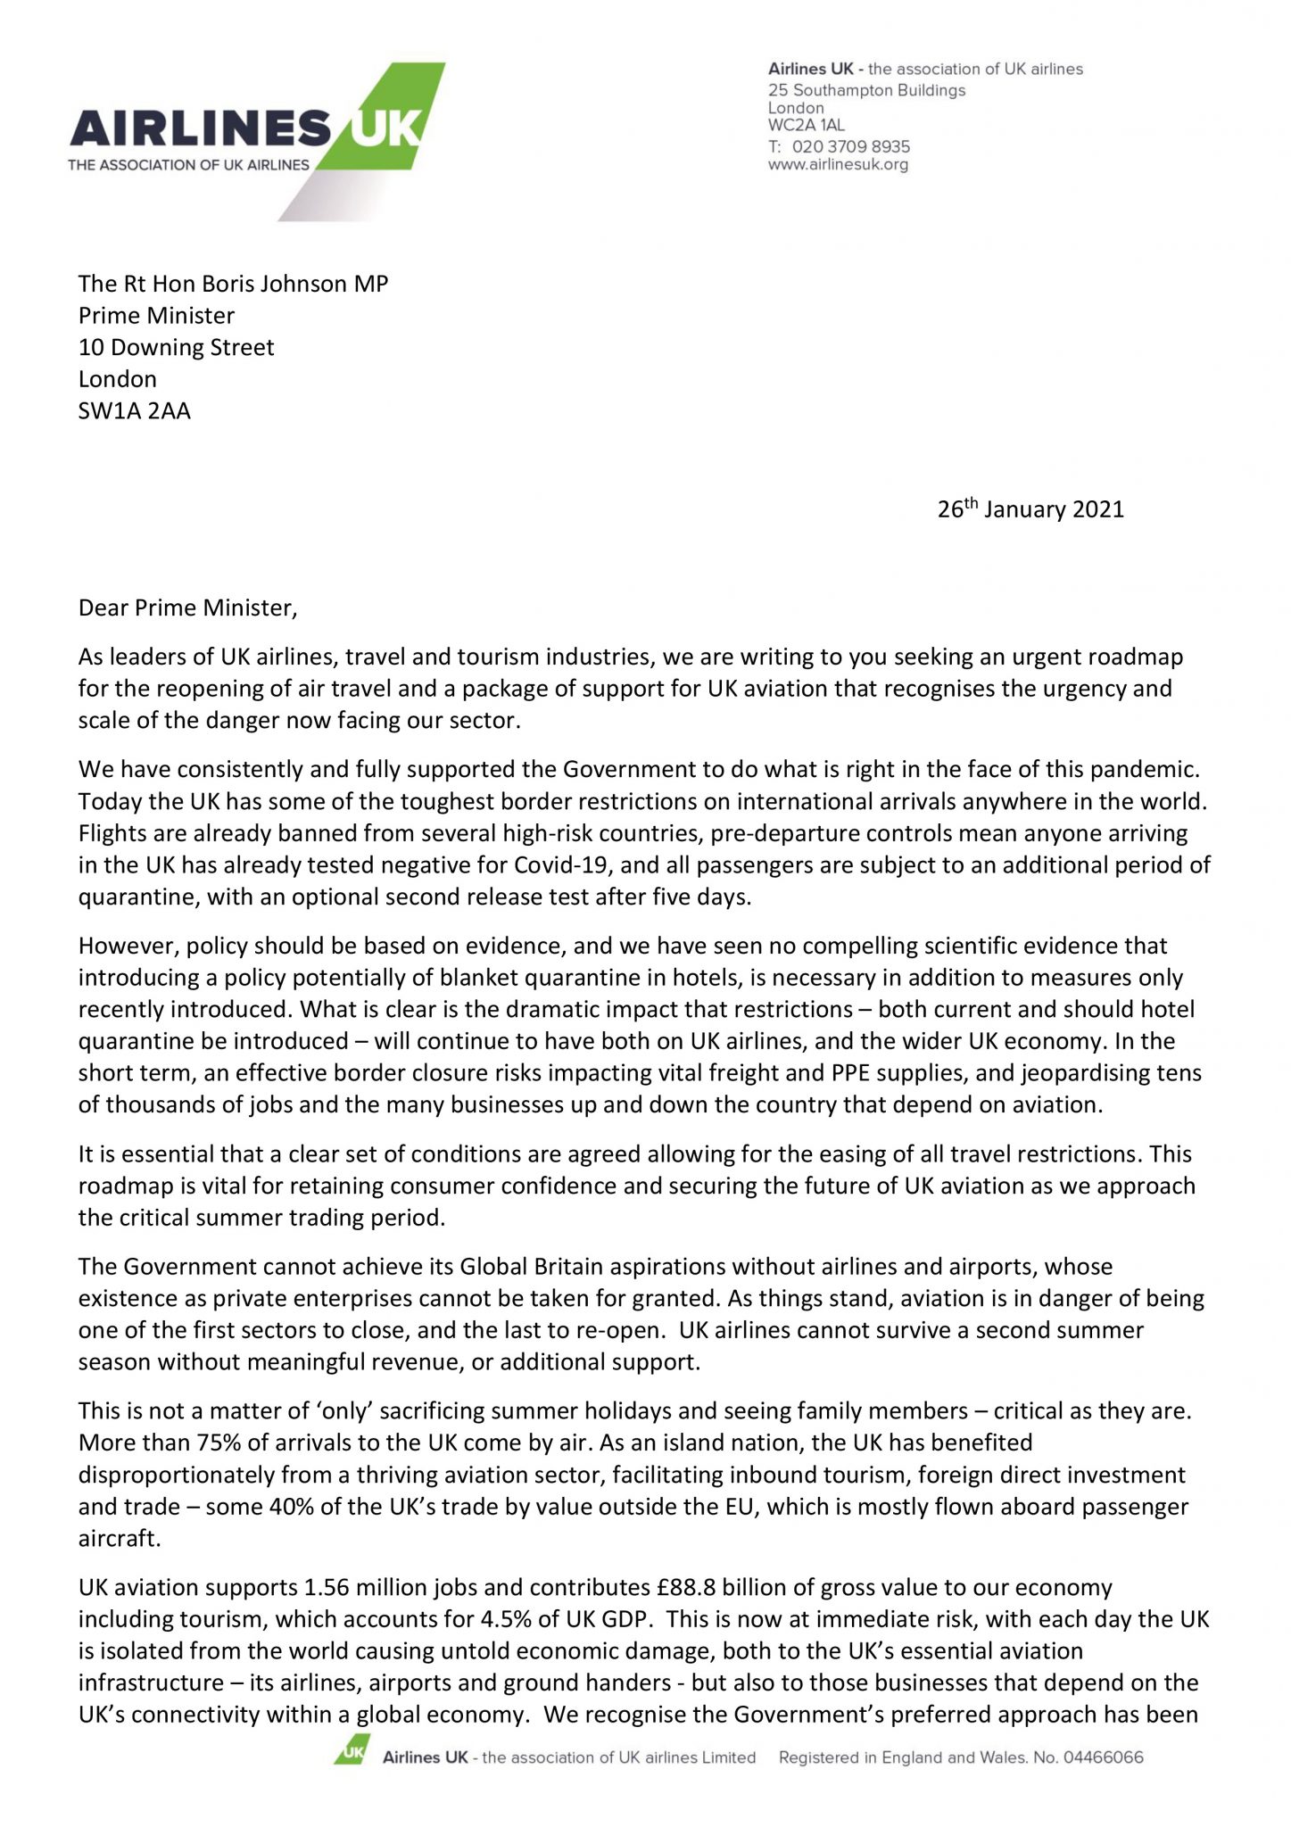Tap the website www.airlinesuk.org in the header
coord(838,165)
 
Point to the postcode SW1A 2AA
coord(134,411)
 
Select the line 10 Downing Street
coord(176,347)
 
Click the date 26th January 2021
coord(1030,509)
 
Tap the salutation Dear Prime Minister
coord(186,608)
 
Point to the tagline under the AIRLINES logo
coord(189,164)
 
